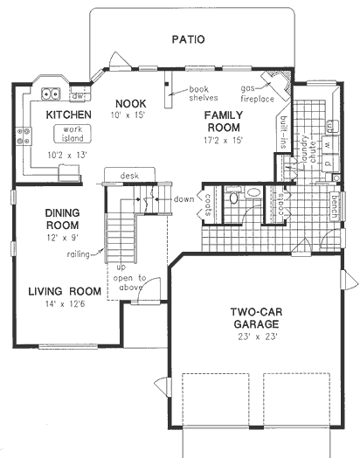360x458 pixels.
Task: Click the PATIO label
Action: click(x=188, y=39)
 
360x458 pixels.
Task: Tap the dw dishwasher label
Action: click(x=77, y=95)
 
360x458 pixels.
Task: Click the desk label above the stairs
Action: click(x=131, y=175)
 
